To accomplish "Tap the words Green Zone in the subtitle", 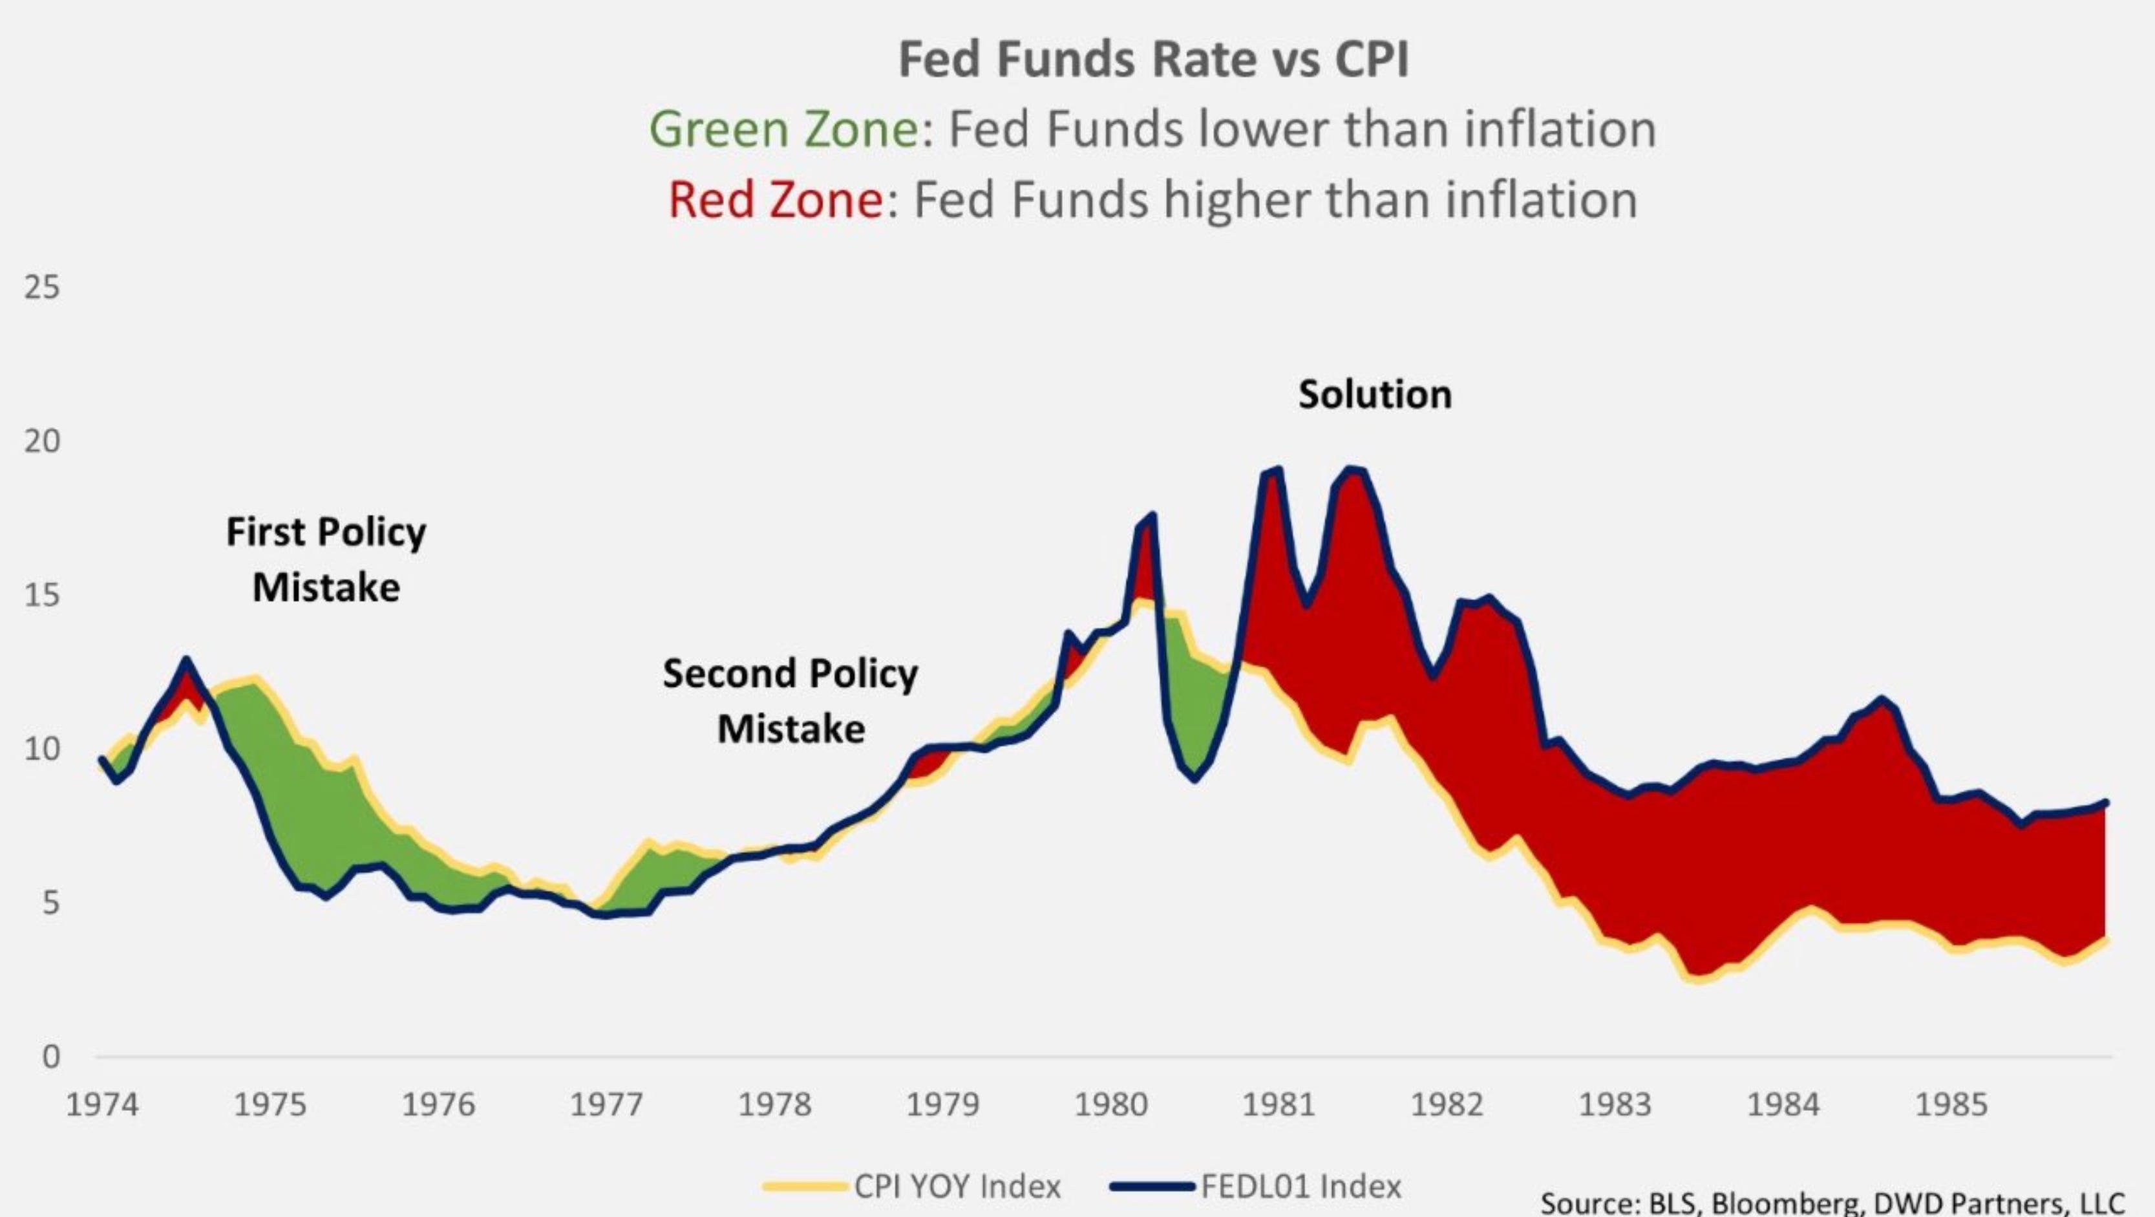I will pyautogui.click(x=783, y=130).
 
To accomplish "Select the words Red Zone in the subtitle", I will pyautogui.click(x=774, y=200).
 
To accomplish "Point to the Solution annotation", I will pyautogui.click(x=1374, y=394).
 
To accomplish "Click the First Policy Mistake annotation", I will pyautogui.click(x=325, y=559).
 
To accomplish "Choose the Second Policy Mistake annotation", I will pyautogui.click(x=790, y=700).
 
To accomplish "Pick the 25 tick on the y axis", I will pyautogui.click(x=42, y=287).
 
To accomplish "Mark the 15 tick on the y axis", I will pyautogui.click(x=42, y=595).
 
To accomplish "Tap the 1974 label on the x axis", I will pyautogui.click(x=102, y=1106).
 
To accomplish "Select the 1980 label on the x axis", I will pyautogui.click(x=1111, y=1106).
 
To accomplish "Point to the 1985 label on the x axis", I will pyautogui.click(x=1951, y=1106).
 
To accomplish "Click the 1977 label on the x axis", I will pyautogui.click(x=606, y=1106).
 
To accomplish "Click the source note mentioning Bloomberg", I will pyautogui.click(x=1832, y=1203).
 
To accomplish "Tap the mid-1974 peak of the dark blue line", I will pyautogui.click(x=186, y=660).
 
